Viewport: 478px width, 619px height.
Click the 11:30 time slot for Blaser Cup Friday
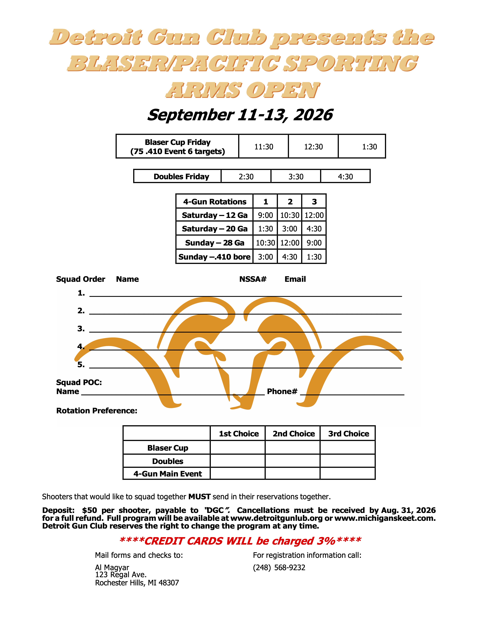point(264,147)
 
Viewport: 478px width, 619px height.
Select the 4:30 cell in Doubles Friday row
point(345,177)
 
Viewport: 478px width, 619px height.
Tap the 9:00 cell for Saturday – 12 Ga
point(265,215)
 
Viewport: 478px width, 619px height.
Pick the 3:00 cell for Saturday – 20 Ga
point(290,229)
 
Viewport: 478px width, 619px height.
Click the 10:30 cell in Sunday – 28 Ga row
point(265,243)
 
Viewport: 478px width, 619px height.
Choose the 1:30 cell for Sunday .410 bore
point(314,257)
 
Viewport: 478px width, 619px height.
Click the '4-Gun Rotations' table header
point(215,201)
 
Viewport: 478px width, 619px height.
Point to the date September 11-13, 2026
point(240,115)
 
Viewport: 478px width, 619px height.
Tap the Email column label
point(295,279)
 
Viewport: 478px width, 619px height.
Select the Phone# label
point(282,391)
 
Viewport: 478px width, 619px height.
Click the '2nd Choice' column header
point(294,434)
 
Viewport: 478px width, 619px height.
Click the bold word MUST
point(199,497)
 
